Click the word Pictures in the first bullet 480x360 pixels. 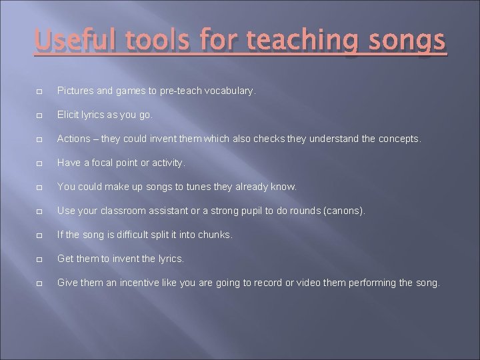tap(74, 90)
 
